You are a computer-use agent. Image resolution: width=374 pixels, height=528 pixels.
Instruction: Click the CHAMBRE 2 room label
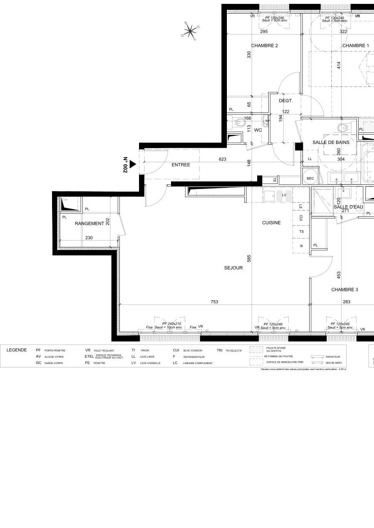264,46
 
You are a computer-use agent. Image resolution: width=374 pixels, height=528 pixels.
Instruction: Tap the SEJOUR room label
233,268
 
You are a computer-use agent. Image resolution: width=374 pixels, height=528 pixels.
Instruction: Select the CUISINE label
271,223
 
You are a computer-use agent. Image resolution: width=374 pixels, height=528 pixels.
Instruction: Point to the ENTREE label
181,165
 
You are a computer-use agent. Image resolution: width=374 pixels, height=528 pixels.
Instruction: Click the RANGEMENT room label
89,224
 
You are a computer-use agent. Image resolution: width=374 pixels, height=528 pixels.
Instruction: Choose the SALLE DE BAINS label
331,143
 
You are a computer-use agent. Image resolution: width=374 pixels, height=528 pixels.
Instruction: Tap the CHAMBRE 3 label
345,290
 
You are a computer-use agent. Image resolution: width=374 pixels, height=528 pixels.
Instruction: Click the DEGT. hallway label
286,101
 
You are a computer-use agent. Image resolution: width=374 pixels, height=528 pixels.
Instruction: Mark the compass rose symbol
190,30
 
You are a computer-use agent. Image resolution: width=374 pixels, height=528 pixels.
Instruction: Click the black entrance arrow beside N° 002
133,164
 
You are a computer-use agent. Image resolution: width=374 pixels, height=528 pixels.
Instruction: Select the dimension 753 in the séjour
214,302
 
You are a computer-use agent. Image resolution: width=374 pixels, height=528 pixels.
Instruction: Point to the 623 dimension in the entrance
222,159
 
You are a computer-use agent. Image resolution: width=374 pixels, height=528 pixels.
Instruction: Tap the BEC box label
310,178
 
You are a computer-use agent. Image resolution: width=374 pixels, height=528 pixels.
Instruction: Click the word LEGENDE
17,350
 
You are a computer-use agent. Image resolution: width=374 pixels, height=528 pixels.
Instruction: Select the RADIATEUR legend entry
333,357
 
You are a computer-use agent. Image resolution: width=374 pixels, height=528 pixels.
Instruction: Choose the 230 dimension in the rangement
89,238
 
